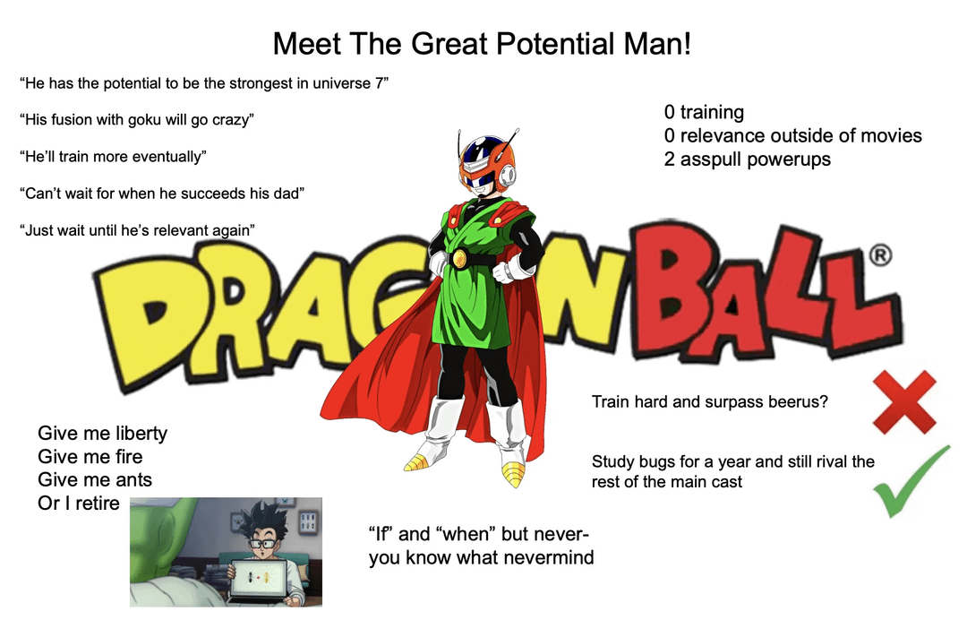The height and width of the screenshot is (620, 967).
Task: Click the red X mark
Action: [x=904, y=402]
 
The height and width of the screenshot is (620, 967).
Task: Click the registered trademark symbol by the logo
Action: [x=881, y=255]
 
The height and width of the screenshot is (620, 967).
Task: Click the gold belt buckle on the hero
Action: [x=459, y=259]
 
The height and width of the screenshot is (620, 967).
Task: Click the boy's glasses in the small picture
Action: [x=262, y=544]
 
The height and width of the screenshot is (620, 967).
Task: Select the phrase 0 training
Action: [x=704, y=112]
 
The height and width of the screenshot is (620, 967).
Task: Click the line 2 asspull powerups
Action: [x=748, y=159]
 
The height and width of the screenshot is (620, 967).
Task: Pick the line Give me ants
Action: [x=95, y=479]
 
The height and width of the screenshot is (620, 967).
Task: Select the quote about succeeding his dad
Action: [x=161, y=194]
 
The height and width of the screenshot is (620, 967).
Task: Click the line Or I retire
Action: [x=78, y=503]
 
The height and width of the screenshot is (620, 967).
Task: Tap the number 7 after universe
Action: [x=380, y=82]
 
